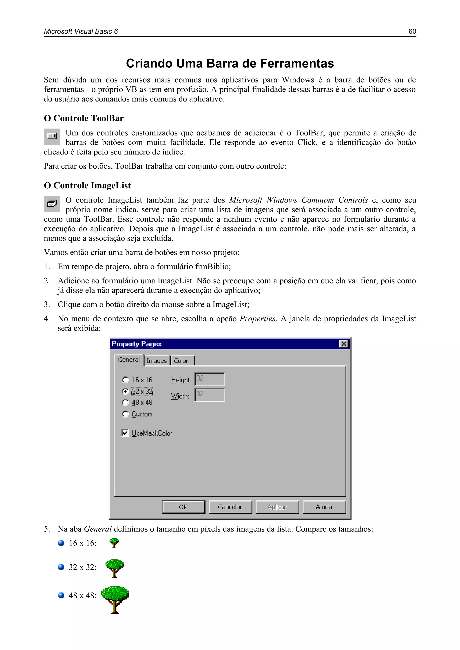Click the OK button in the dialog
[x=183, y=507]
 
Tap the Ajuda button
[x=324, y=507]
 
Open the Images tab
[x=157, y=361]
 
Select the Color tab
[x=181, y=361]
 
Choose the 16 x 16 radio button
[x=125, y=380]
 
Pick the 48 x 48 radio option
[x=125, y=403]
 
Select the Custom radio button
[x=125, y=414]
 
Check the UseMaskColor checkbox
[x=125, y=433]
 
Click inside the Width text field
[x=210, y=395]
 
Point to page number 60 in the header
[x=412, y=31]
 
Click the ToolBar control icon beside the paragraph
[x=52, y=137]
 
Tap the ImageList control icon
[x=52, y=204]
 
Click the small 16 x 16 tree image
[x=114, y=543]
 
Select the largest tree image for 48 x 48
[x=115, y=599]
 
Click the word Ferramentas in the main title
[x=297, y=63]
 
